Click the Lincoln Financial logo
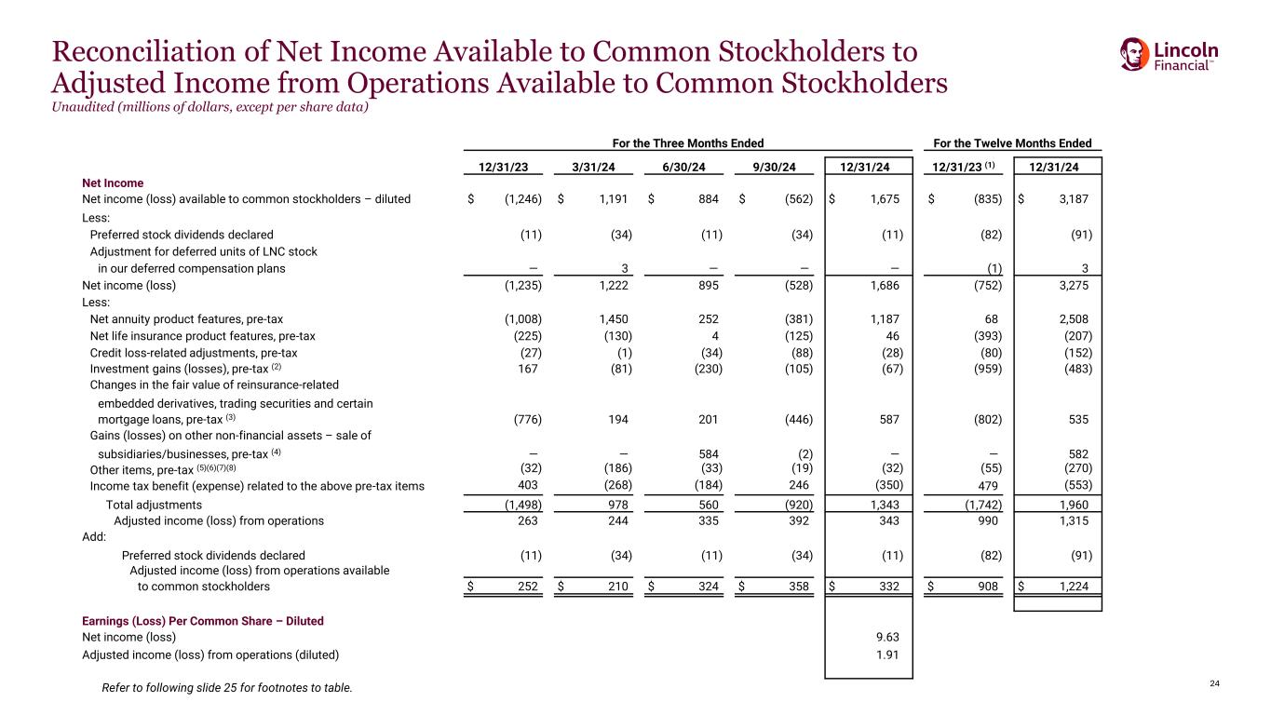tap(1169, 55)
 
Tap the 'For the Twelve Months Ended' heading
tap(1012, 143)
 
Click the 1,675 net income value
tap(886, 199)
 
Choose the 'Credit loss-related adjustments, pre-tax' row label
tap(194, 353)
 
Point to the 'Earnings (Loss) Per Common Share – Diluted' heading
tap(203, 620)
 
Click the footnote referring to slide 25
tap(227, 688)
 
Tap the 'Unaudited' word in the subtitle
tap(83, 107)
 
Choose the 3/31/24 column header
tap(595, 168)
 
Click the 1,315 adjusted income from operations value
tap(1073, 520)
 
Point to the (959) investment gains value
tap(987, 369)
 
